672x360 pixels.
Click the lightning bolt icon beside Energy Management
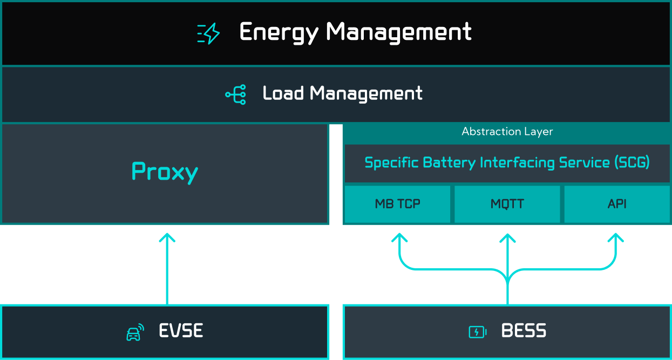pyautogui.click(x=208, y=33)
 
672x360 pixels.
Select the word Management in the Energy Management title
pyautogui.click(x=399, y=32)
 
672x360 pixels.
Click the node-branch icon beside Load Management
pyautogui.click(x=236, y=94)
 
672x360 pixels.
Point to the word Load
pyautogui.click(x=283, y=93)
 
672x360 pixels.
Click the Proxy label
pyautogui.click(x=165, y=172)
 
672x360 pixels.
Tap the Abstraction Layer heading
pyautogui.click(x=507, y=132)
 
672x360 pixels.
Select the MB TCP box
pyautogui.click(x=397, y=204)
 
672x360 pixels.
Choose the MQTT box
pyautogui.click(x=507, y=204)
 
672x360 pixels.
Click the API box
pyautogui.click(x=617, y=204)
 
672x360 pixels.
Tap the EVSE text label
pyautogui.click(x=181, y=331)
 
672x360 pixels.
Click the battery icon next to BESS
pyautogui.click(x=477, y=332)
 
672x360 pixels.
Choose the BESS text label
pyautogui.click(x=524, y=331)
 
